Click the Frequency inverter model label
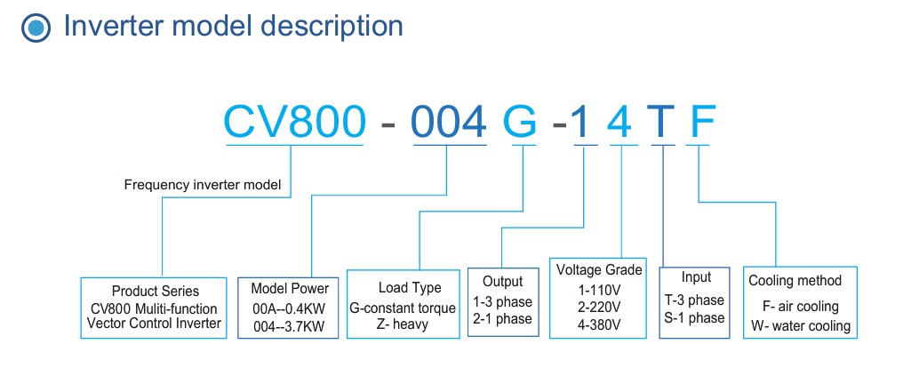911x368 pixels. click(203, 185)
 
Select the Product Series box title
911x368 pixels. click(156, 291)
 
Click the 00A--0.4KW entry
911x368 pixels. click(290, 308)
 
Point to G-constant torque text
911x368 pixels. click(403, 308)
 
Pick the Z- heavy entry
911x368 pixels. click(402, 324)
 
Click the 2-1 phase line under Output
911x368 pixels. click(502, 319)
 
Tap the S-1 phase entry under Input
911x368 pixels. click(695, 317)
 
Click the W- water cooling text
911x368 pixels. click(800, 326)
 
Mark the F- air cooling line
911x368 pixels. click(800, 307)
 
